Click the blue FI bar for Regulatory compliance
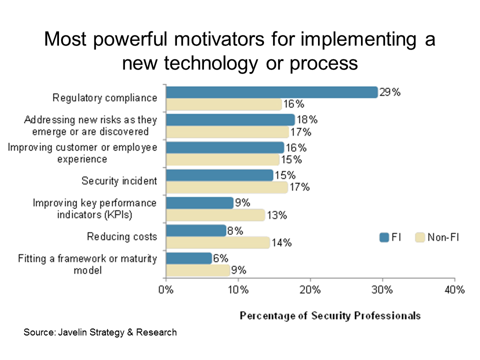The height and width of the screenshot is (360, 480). pos(271,92)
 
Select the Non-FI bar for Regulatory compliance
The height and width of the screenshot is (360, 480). pos(224,104)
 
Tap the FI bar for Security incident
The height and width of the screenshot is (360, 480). pos(219,175)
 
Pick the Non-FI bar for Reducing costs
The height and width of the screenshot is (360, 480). pos(217,243)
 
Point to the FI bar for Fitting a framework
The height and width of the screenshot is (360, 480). pos(189,258)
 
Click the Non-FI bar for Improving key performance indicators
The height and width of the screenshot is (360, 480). pos(215,215)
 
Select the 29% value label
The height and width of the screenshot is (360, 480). pos(390,92)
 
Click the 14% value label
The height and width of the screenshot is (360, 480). pos(281,243)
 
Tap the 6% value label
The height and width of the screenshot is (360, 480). pos(220,258)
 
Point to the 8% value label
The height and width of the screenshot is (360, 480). pos(235,231)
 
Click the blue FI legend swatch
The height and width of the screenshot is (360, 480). pos(384,237)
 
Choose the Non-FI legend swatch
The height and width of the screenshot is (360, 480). pos(420,237)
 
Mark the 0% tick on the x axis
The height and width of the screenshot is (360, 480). pos(166,290)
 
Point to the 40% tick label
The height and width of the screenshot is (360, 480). pos(454,290)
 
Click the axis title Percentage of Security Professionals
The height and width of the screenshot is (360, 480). pos(330,315)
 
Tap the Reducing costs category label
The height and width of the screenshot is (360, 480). pos(122,236)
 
